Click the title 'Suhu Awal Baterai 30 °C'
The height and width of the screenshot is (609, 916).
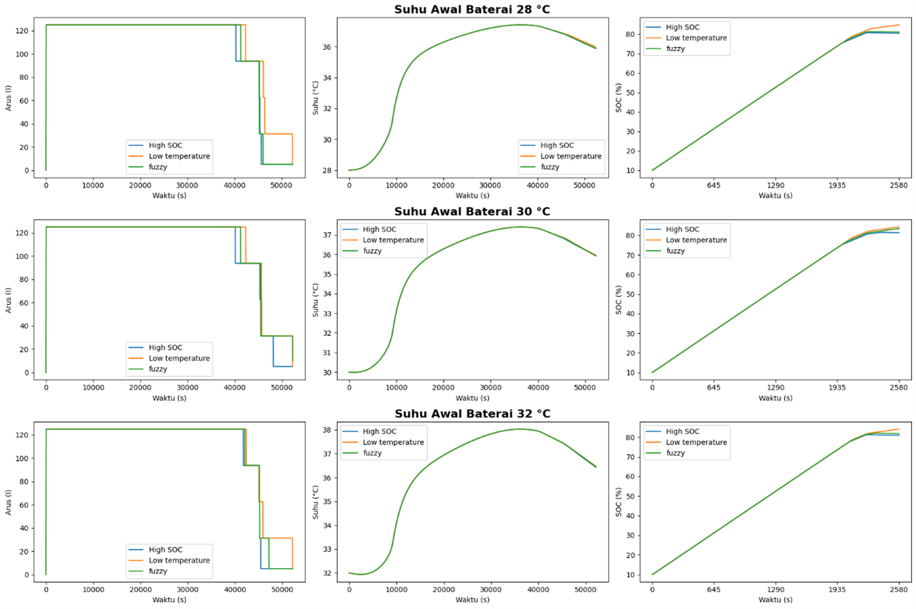pos(472,211)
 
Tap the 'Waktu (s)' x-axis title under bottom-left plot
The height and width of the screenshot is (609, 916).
pos(169,599)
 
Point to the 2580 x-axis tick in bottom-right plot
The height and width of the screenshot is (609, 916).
pos(898,589)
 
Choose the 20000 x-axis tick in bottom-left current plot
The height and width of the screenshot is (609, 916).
pos(140,589)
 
